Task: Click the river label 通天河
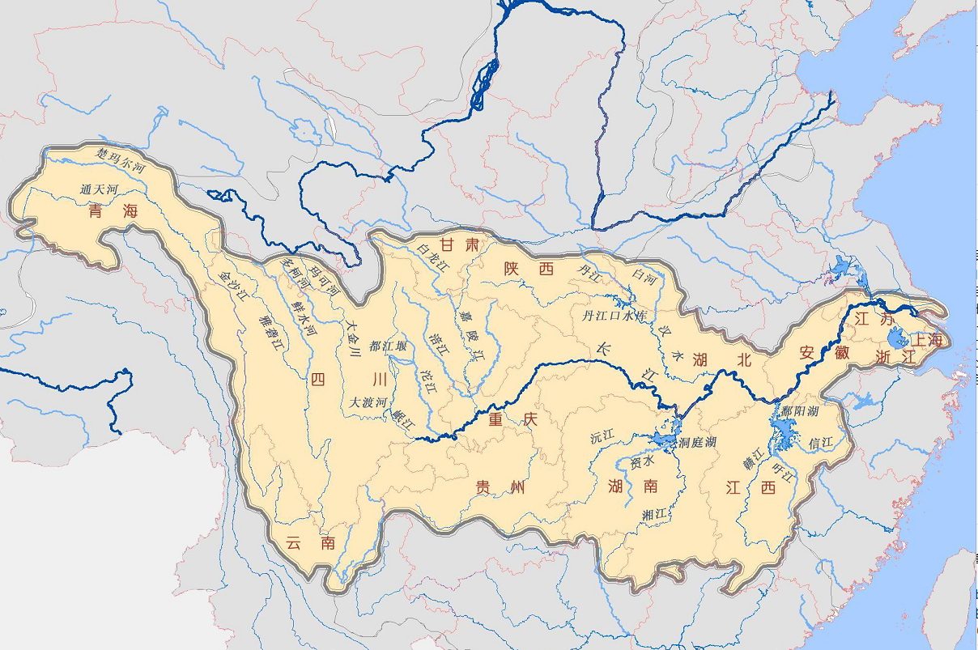click(x=99, y=189)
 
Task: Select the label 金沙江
click(x=232, y=285)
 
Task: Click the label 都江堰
click(x=388, y=346)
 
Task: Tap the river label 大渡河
click(x=368, y=401)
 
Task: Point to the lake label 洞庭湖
click(x=698, y=442)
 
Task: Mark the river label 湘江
click(x=653, y=514)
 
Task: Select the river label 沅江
click(x=602, y=437)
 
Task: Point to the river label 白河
click(x=644, y=277)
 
